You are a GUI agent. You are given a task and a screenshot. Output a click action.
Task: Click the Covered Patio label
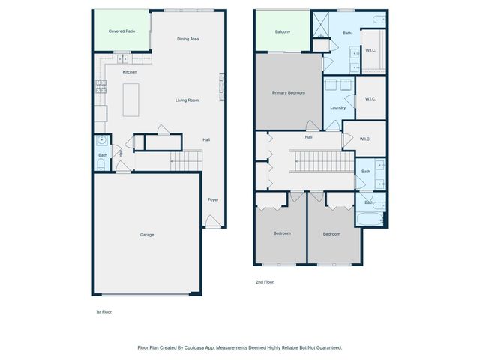[x=121, y=31]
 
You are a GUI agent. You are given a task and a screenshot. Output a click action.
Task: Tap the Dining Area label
[x=187, y=39]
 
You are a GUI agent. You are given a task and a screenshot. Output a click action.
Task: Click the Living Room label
[x=187, y=100]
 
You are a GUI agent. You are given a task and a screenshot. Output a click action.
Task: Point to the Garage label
[x=147, y=235]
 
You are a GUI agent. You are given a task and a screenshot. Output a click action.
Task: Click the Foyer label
[x=213, y=199]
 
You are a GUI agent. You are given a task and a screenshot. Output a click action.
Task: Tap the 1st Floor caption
[x=103, y=311]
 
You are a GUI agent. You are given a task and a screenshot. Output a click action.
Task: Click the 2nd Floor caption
[x=265, y=282]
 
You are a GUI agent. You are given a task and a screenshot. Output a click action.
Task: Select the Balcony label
[x=282, y=32]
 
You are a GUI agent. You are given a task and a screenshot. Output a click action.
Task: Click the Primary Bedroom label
[x=288, y=92]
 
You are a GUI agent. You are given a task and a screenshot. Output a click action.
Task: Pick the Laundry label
[x=337, y=107]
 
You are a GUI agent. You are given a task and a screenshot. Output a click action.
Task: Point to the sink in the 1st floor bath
[x=101, y=140]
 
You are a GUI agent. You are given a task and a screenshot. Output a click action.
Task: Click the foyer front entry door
[x=213, y=222]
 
